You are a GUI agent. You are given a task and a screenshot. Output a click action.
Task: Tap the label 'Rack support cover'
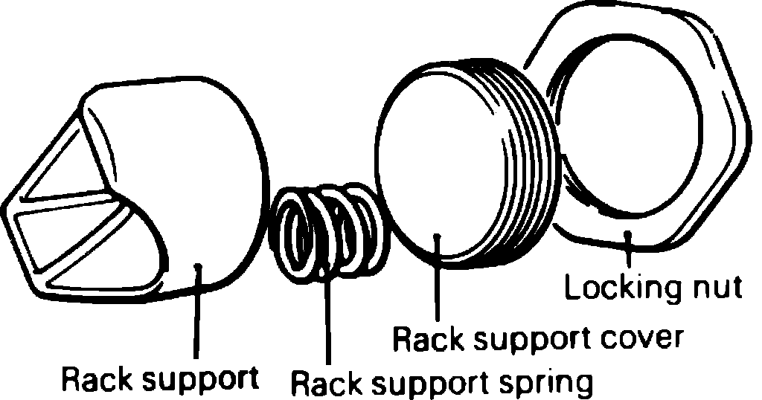pyautogui.click(x=537, y=340)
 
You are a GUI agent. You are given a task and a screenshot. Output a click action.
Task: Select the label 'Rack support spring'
pyautogui.click(x=441, y=384)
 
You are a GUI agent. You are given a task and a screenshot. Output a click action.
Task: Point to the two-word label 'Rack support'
pyautogui.click(x=159, y=379)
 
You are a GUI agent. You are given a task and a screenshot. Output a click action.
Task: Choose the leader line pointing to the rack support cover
pyautogui.click(x=438, y=283)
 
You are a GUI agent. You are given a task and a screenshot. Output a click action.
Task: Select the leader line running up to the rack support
pyautogui.click(x=196, y=312)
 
